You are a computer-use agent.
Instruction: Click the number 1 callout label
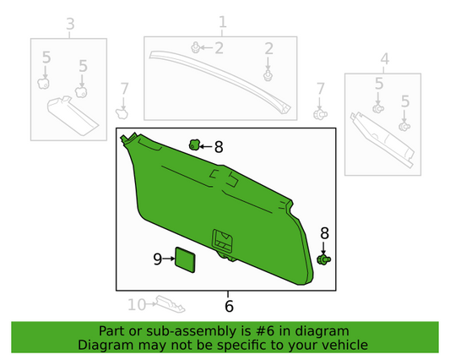point(223,21)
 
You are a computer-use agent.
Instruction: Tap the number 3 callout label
point(70,24)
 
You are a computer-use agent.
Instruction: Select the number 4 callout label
point(384,58)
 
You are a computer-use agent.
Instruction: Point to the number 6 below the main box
point(228,305)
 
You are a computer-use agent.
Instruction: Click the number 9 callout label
point(157,260)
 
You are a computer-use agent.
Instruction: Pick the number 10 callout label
point(136,303)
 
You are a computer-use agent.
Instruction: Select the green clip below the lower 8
point(323,259)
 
